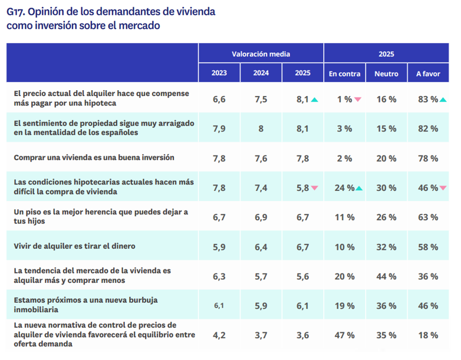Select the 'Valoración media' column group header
[x=261, y=54]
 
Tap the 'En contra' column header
[x=344, y=74]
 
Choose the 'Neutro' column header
[x=386, y=74]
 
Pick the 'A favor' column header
[x=428, y=74]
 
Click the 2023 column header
[x=219, y=74]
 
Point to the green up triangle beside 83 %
[x=443, y=100]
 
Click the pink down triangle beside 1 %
[x=358, y=100]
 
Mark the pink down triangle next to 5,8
[x=315, y=188]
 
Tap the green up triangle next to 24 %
[x=359, y=188]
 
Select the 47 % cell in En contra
[x=344, y=335]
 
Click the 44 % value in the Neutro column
[x=386, y=276]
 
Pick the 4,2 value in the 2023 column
[x=219, y=335]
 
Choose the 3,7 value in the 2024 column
[x=261, y=335]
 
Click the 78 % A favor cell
[x=428, y=158]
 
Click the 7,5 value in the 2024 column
[x=261, y=100]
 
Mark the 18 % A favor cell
[x=428, y=335]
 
